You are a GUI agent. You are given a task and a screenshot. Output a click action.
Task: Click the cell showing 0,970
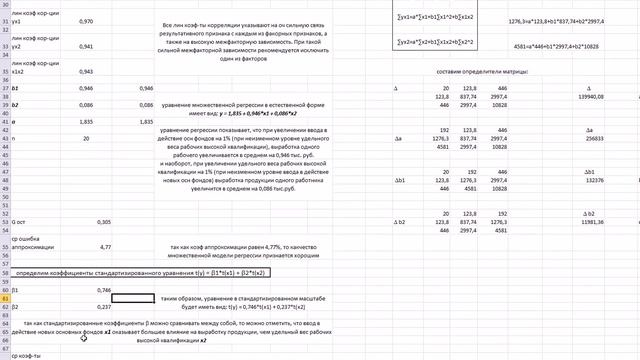coord(86,20)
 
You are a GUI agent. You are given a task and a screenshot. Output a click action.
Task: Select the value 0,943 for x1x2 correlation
coord(86,72)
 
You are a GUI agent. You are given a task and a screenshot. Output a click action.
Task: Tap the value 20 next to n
coord(86,139)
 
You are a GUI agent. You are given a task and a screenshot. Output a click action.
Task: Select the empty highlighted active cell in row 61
coord(133,298)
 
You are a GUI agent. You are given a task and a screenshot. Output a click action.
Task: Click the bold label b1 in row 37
coord(16,88)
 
